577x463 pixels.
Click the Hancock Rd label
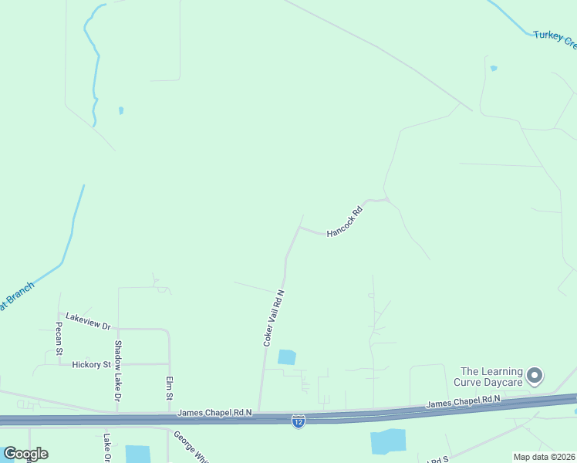(344, 221)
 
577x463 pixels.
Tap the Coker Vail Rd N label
(274, 317)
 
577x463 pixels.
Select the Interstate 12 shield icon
(299, 421)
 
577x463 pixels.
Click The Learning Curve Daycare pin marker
(535, 377)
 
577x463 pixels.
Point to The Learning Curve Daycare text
(492, 377)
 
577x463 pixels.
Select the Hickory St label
(92, 364)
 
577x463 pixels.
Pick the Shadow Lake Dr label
(119, 371)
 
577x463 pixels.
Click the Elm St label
(169, 388)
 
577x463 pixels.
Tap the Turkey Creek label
(555, 39)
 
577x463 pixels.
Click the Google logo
(25, 453)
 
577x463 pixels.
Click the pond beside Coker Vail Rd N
(286, 357)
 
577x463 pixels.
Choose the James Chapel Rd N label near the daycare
(464, 402)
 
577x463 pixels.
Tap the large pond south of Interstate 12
(388, 442)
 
